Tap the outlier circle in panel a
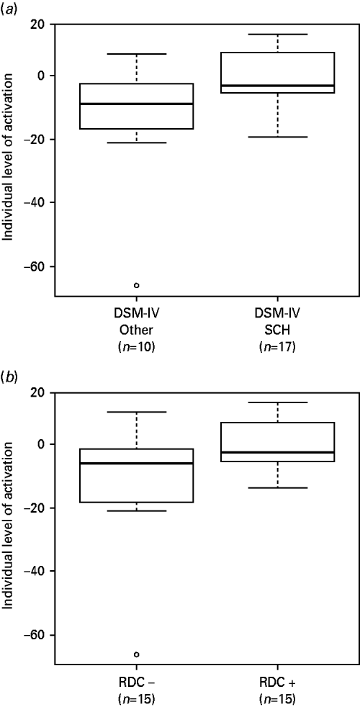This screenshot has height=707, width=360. (137, 285)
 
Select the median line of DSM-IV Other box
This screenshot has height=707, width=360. (137, 104)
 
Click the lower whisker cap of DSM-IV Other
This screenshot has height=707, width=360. (137, 143)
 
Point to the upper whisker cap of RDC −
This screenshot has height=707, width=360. (137, 412)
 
